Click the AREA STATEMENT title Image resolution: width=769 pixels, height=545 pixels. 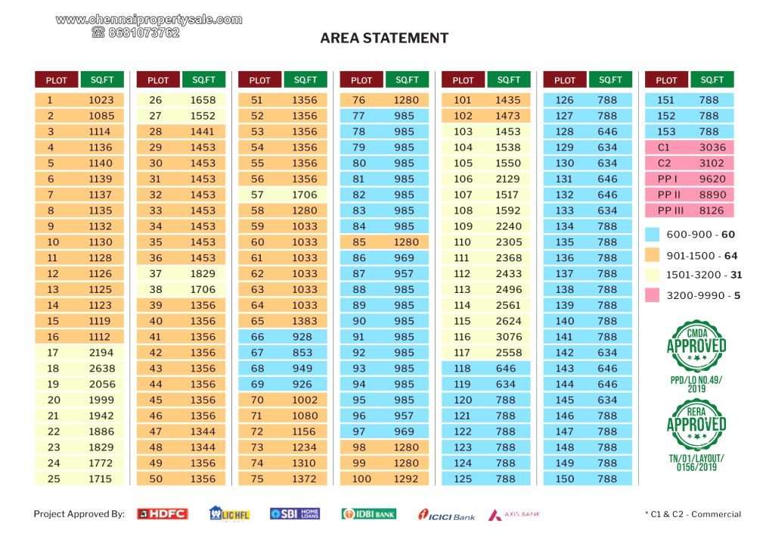tap(384, 38)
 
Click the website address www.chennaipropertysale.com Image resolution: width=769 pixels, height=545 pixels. tap(149, 20)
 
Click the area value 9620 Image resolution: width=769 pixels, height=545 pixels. tap(712, 179)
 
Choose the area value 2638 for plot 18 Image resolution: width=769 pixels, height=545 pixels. tap(101, 368)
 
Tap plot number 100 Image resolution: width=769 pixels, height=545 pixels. tap(361, 478)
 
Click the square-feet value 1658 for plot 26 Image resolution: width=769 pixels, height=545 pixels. tap(203, 100)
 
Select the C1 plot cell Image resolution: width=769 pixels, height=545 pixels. tap(665, 147)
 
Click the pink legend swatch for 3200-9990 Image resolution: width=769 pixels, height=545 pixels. tap(652, 296)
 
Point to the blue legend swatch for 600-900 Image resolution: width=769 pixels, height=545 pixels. tap(652, 235)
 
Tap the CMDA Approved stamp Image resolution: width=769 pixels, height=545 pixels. tap(696, 346)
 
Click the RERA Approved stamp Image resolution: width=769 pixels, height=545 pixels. tap(696, 424)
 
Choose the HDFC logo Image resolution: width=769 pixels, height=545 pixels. tap(162, 514)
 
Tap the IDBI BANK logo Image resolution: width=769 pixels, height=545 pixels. tap(368, 514)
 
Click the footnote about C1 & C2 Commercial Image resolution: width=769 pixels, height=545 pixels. tap(693, 515)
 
